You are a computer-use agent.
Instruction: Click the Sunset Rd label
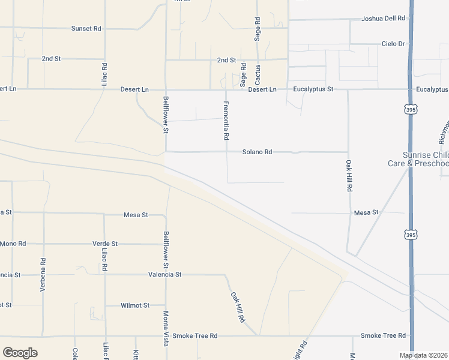pyautogui.click(x=86, y=28)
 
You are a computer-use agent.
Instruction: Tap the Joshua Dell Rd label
pyautogui.click(x=383, y=19)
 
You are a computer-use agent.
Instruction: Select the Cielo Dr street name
pyautogui.click(x=394, y=44)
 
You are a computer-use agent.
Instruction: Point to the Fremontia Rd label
pyautogui.click(x=226, y=121)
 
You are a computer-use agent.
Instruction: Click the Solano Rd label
pyautogui.click(x=257, y=152)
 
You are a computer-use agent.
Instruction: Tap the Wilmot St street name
pyautogui.click(x=134, y=305)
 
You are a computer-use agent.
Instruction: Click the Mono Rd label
pyautogui.click(x=13, y=244)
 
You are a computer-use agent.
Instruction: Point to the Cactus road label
pyautogui.click(x=258, y=74)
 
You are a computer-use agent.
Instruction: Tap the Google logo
pyautogui.click(x=20, y=352)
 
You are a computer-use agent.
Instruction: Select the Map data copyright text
pyautogui.click(x=424, y=355)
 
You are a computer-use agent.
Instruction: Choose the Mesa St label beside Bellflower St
pyautogui.click(x=136, y=214)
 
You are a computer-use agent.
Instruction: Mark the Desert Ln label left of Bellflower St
pyautogui.click(x=134, y=89)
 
